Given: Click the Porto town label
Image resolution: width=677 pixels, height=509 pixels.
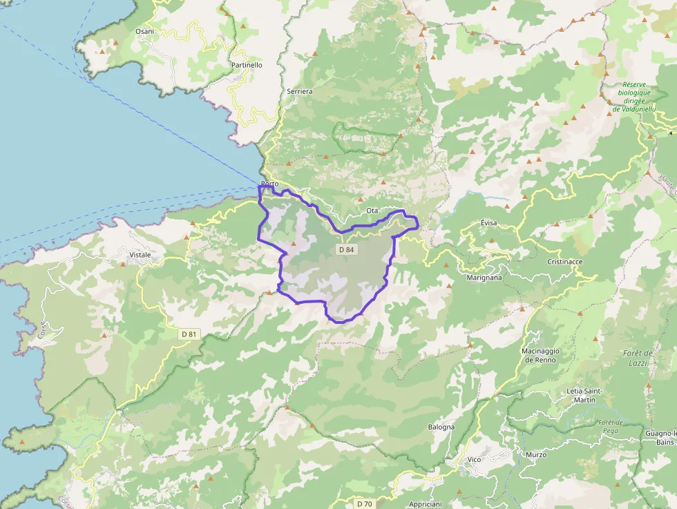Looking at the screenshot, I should (269, 184).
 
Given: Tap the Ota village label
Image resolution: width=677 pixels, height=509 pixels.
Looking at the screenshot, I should (372, 210).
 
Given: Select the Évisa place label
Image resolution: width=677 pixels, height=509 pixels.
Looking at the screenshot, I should (488, 223).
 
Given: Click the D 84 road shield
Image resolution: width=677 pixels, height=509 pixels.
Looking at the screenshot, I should (347, 249).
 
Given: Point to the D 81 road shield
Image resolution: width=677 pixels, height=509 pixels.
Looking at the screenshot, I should (189, 334).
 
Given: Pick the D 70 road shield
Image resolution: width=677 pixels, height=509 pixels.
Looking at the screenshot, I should (365, 503).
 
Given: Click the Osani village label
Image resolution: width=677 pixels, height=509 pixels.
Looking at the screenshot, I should (144, 32).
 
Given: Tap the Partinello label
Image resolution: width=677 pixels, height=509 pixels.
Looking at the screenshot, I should (247, 65).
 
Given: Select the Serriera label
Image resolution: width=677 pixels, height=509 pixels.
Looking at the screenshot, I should (299, 91).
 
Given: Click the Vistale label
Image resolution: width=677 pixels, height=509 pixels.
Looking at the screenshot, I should (140, 255).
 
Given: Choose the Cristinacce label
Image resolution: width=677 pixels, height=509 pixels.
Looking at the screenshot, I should (565, 262).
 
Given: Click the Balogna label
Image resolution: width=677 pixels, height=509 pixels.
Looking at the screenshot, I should (441, 427).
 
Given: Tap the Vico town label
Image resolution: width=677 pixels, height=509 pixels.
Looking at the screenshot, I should (474, 459).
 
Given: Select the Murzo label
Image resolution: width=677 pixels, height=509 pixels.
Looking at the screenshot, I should (536, 454).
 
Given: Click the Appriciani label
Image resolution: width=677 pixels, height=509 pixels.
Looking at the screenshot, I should (425, 504).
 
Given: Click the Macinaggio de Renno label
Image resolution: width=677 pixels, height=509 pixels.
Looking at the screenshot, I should (540, 355).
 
